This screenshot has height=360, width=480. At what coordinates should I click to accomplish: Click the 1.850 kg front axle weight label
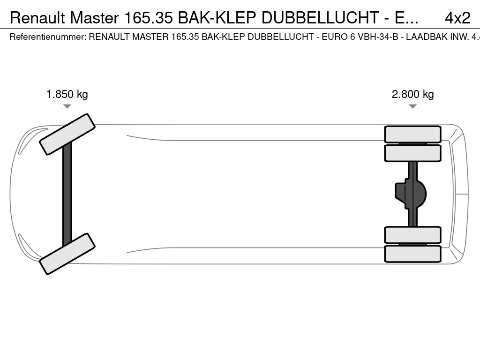67,94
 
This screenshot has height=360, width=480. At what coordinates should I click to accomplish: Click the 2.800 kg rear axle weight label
412,94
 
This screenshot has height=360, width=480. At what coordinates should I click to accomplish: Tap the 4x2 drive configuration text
457,18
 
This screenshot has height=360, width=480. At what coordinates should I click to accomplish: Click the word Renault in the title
37,18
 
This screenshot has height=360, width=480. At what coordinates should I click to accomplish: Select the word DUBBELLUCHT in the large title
320,18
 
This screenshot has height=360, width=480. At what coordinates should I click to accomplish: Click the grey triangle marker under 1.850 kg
67,106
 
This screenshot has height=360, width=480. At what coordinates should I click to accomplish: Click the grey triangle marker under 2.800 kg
412,106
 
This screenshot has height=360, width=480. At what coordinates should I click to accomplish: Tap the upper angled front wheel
67,135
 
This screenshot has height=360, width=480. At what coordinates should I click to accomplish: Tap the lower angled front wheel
67,254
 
